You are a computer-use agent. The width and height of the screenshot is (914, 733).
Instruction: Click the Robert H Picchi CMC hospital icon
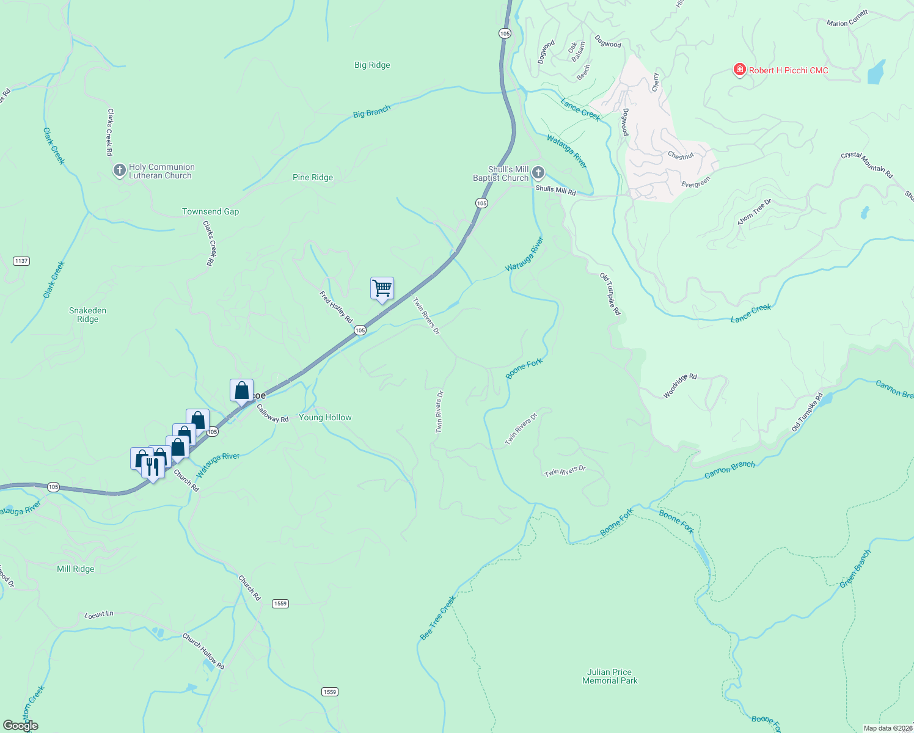(739, 70)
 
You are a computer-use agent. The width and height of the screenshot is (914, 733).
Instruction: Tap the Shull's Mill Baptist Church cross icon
(538, 172)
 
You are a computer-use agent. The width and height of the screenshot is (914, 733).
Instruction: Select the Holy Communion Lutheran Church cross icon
(120, 170)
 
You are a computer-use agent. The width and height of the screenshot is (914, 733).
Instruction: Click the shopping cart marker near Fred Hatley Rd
(382, 288)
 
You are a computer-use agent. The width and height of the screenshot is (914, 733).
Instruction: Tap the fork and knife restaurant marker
(152, 467)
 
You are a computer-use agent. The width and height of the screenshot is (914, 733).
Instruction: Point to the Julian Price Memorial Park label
(610, 676)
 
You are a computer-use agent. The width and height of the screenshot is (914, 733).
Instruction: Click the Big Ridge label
(372, 65)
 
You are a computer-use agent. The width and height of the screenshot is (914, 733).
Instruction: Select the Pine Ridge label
(313, 177)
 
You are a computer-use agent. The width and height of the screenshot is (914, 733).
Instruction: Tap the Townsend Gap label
(210, 211)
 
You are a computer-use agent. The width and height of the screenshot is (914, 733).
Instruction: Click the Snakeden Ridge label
(87, 315)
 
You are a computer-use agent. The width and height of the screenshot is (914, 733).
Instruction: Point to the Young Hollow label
(325, 417)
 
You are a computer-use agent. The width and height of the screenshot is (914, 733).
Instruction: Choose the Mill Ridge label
(76, 569)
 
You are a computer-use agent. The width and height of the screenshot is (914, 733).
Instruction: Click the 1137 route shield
(21, 261)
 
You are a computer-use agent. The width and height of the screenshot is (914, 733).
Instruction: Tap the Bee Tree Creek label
(437, 618)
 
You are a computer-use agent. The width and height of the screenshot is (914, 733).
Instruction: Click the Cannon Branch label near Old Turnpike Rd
(729, 469)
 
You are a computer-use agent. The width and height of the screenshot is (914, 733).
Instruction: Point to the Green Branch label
(855, 569)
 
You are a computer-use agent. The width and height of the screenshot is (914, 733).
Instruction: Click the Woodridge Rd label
(680, 386)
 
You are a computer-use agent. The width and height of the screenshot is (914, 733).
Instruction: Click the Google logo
(20, 725)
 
